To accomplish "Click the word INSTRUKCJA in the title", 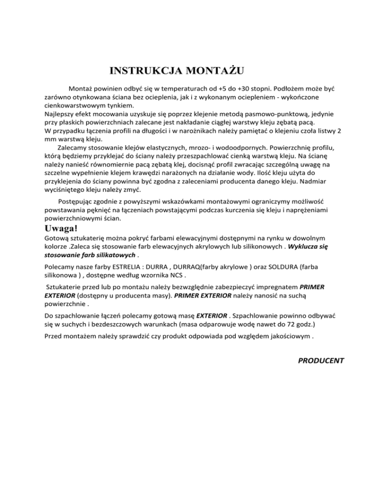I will (x=140, y=71).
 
